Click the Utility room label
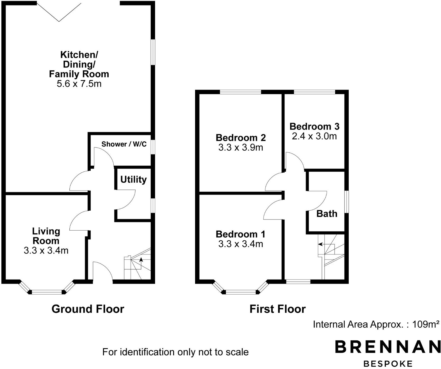133,179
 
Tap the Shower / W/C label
124,144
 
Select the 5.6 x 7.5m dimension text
79,84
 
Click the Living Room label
46,236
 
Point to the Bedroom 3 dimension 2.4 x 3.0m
314,136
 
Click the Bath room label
327,214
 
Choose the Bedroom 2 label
241,138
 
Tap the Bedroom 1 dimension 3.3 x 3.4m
241,244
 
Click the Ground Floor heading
88,309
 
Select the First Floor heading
278,309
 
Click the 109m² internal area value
426,324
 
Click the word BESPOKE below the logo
388,363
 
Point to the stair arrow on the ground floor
141,261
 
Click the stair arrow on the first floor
321,244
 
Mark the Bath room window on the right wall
347,202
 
